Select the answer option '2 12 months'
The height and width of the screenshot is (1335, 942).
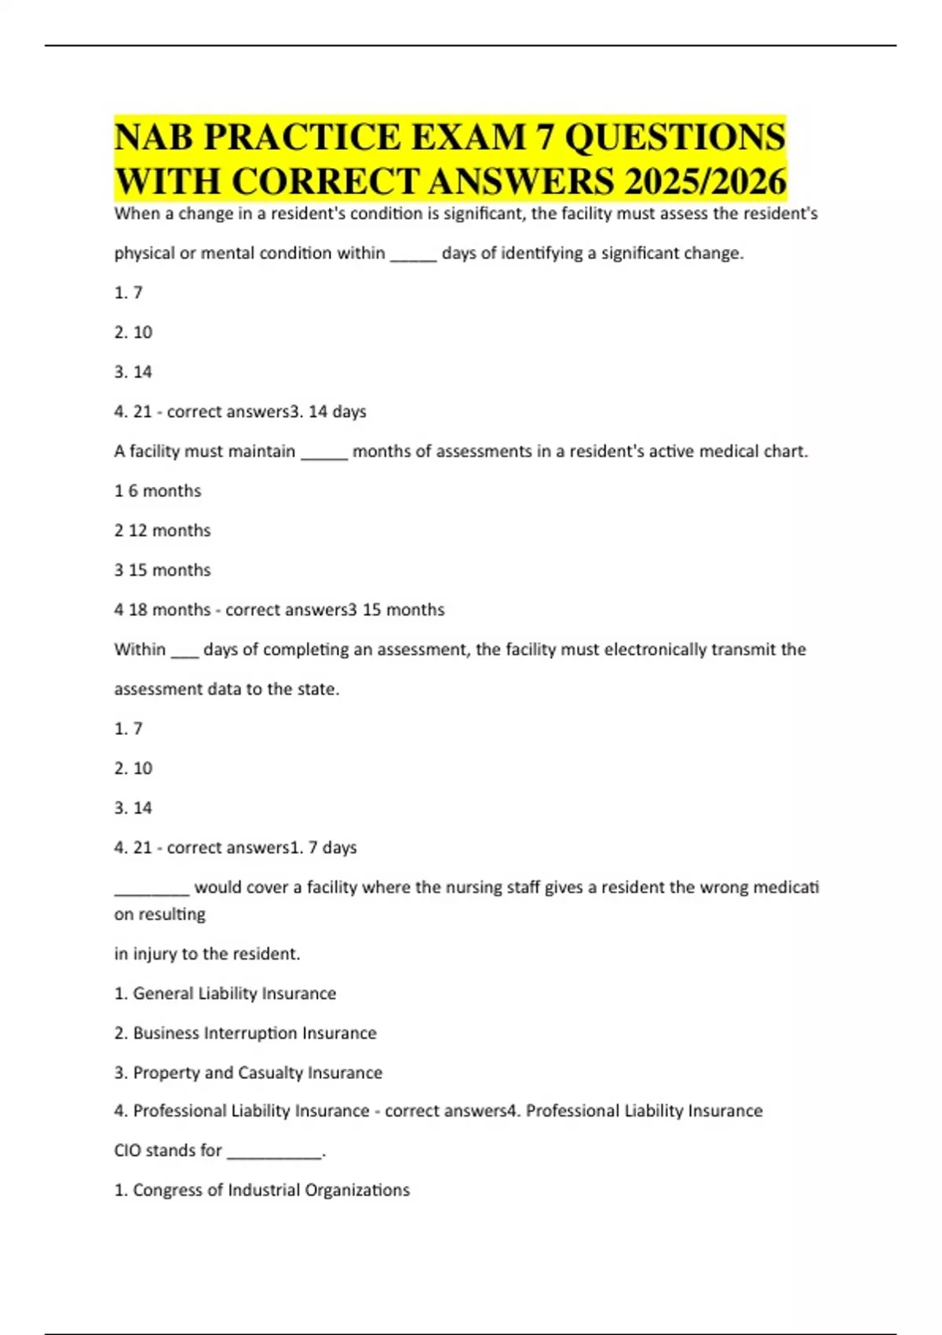click(162, 530)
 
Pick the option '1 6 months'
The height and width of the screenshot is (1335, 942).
click(158, 491)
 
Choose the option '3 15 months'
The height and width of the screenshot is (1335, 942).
click(162, 570)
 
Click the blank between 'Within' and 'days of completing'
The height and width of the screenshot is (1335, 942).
click(184, 652)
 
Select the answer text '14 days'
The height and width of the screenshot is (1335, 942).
click(338, 411)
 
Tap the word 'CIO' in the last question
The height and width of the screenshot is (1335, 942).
click(127, 1150)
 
